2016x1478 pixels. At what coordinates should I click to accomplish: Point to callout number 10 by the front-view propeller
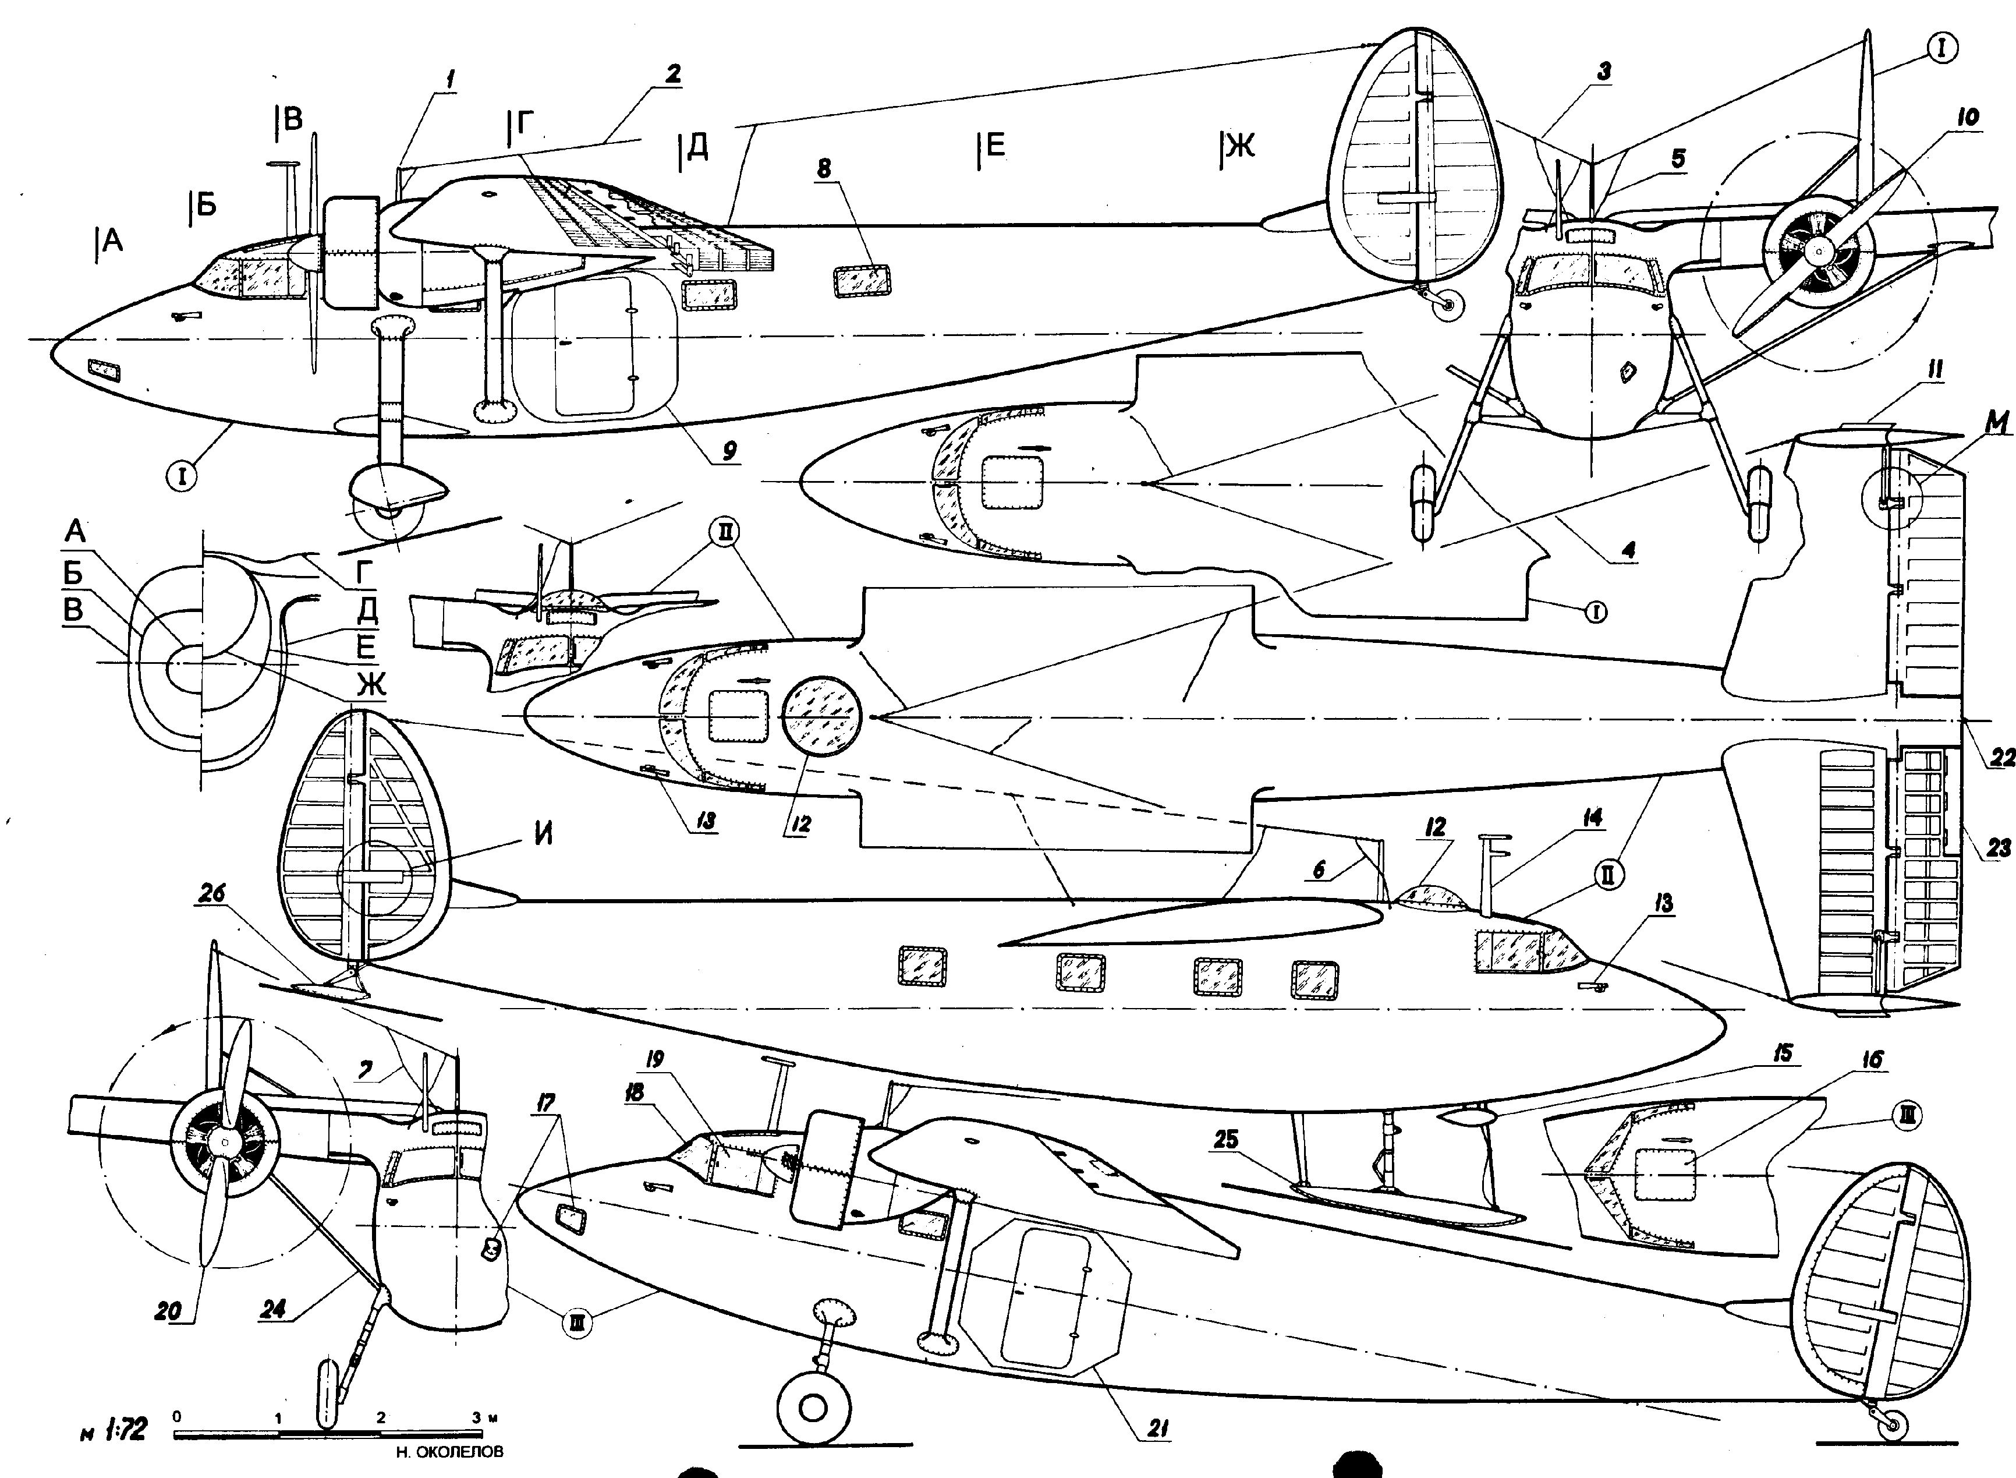pos(1967,116)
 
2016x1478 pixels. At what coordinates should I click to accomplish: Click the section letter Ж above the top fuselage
pos(1239,145)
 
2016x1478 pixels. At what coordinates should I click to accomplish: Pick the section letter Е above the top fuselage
pos(991,145)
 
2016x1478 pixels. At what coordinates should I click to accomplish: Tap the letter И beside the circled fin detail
pos(543,834)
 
